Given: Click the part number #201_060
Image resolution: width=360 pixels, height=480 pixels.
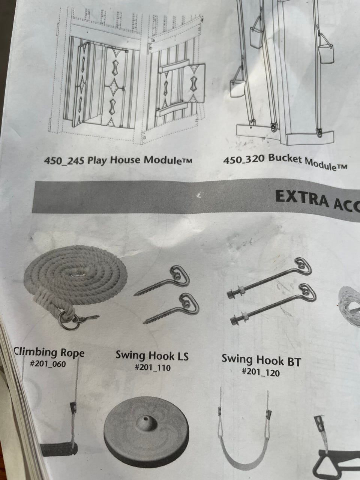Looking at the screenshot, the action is (x=48, y=364).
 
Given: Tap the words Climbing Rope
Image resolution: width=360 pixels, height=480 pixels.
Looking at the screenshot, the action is (x=49, y=353).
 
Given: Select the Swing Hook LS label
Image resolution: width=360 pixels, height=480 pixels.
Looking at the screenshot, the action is (x=152, y=355).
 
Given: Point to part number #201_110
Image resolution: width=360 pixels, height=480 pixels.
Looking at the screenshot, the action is (x=153, y=367).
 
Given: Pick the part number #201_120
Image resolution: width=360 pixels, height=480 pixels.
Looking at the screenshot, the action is (x=261, y=372).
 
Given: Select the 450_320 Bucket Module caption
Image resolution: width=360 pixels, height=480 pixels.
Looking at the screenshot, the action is (x=285, y=162).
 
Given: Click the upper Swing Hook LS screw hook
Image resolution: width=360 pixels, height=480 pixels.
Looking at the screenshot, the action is (x=162, y=280).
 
